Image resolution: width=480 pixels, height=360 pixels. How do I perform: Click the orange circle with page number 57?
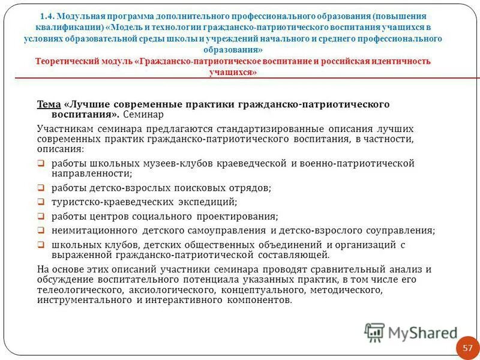(x=467, y=347)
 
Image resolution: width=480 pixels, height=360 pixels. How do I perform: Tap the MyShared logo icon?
(x=374, y=332)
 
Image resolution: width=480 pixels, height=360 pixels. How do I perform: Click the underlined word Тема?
(x=49, y=104)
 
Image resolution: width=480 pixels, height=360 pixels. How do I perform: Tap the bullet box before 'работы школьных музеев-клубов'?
(x=41, y=163)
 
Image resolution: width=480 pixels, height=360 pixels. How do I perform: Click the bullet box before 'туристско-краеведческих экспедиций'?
(x=41, y=202)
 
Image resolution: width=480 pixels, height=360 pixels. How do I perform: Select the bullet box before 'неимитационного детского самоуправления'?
(x=41, y=230)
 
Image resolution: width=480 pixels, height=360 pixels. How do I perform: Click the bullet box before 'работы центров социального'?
(x=41, y=216)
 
